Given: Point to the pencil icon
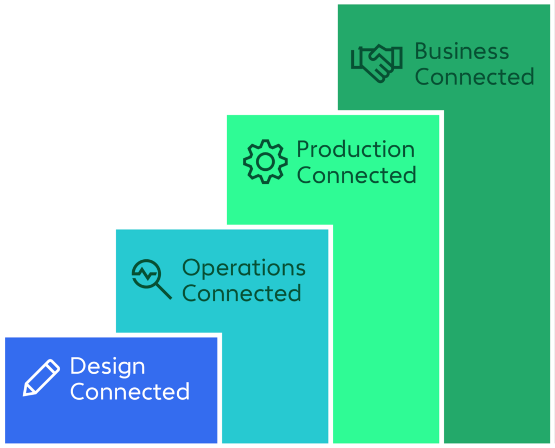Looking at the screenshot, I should click(41, 377).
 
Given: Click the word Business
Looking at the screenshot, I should click(462, 52).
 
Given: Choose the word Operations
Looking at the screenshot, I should click(243, 268).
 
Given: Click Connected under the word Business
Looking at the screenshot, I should click(474, 76).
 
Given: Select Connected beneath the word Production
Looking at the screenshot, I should click(357, 175).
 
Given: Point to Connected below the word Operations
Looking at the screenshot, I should click(242, 293).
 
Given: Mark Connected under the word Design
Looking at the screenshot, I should click(130, 391).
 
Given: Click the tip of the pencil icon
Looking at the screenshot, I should click(25, 393).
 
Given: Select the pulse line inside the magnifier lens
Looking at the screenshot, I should click(146, 274).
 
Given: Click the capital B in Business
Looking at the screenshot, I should click(421, 52).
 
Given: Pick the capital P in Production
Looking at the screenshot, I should click(302, 149).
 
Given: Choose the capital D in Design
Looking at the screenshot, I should click(77, 367).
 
